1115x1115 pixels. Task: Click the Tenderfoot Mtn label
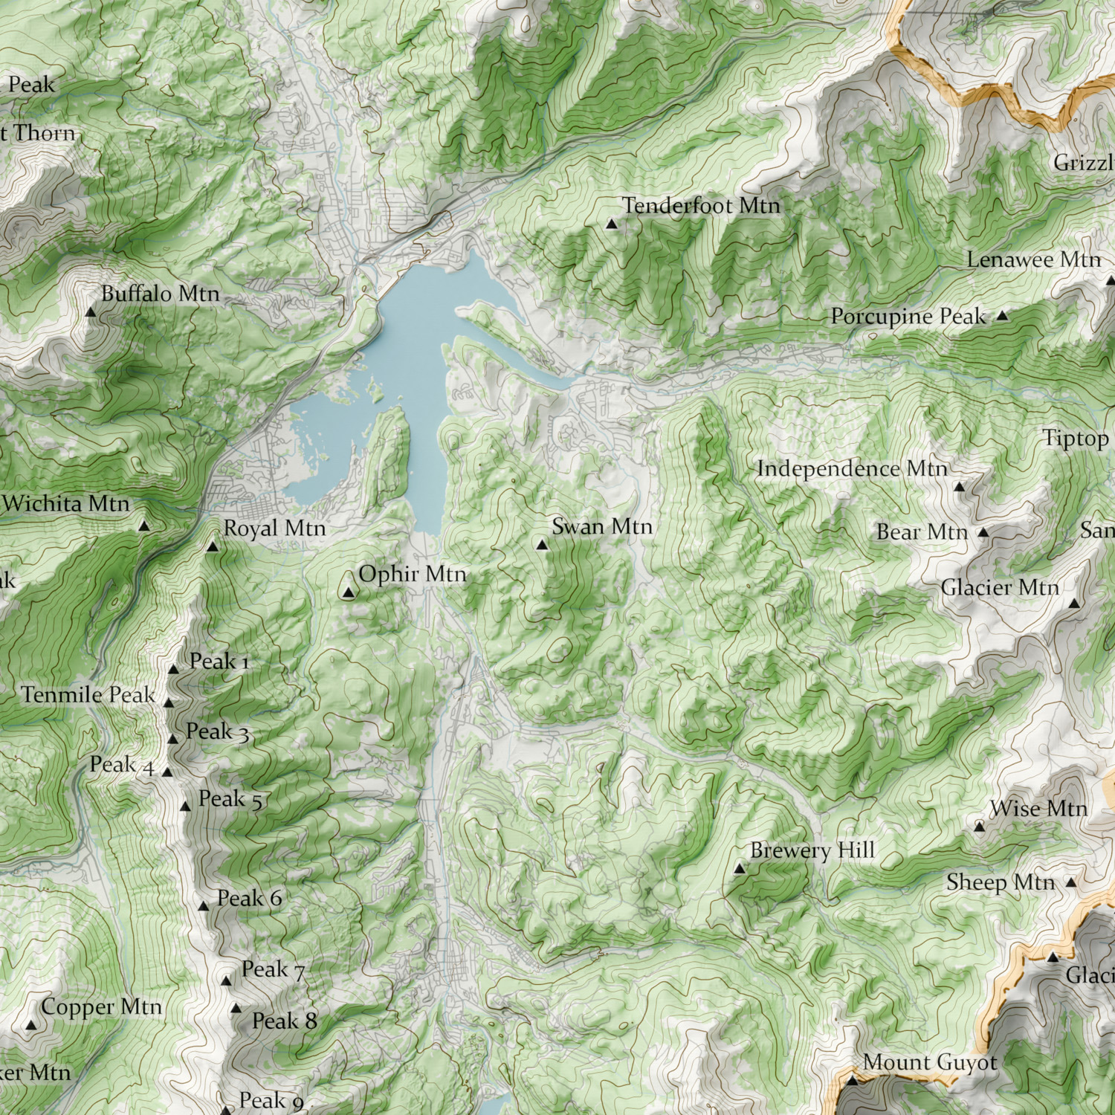click(x=701, y=205)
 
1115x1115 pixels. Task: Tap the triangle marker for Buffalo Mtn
click(x=91, y=312)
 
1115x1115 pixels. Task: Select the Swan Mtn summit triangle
click(x=542, y=545)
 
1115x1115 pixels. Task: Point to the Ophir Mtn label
click(x=413, y=574)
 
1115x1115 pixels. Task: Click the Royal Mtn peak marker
click(x=212, y=548)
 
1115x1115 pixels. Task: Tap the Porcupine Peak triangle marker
click(x=1002, y=316)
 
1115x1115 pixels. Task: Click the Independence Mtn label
click(x=852, y=469)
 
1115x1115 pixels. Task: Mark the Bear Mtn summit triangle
click(x=983, y=532)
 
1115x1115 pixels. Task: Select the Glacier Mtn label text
click(x=1000, y=588)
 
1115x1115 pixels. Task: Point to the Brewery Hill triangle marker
click(x=739, y=868)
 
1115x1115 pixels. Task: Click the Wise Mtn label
click(x=1038, y=809)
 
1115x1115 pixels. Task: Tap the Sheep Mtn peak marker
click(x=1070, y=882)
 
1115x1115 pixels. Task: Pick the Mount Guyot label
click(x=930, y=1063)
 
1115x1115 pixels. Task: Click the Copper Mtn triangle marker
click(x=31, y=1025)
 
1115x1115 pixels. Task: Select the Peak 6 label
click(x=249, y=899)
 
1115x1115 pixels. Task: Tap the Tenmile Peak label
click(x=88, y=695)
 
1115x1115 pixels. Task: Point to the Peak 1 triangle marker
click(x=173, y=669)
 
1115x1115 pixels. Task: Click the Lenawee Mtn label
click(x=1033, y=260)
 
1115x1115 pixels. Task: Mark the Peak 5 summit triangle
click(x=185, y=807)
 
